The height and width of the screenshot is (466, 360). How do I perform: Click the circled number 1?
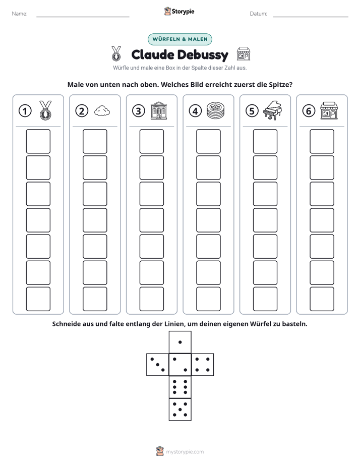coord(25,111)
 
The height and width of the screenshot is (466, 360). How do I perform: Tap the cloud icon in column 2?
coord(102,111)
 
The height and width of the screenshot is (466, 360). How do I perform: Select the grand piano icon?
coord(272,110)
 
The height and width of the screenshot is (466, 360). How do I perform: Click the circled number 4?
coord(195,111)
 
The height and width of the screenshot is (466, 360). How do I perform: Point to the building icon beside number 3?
coord(159,110)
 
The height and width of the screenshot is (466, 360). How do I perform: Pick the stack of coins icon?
coord(216,110)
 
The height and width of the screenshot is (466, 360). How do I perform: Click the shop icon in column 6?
coord(329,110)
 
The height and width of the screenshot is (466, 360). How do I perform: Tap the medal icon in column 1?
coord(45,110)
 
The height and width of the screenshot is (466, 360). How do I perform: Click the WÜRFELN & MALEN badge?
coord(180,39)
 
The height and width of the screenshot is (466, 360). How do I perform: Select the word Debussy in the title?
coord(204,55)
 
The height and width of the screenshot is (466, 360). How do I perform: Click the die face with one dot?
coord(180,342)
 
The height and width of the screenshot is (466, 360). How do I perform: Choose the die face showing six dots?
coord(180,387)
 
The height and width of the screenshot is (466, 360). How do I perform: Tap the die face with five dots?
coord(180,409)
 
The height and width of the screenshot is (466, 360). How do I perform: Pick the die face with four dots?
coord(203,365)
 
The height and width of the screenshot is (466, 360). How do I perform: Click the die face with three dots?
coord(158,365)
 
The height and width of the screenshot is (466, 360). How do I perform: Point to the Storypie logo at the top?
coord(179,12)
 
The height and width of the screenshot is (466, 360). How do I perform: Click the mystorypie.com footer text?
coord(185,452)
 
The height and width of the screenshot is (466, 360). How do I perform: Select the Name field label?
coord(20,14)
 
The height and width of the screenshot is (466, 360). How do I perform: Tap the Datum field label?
coord(259,14)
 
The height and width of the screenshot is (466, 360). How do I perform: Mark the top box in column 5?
coord(265,141)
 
